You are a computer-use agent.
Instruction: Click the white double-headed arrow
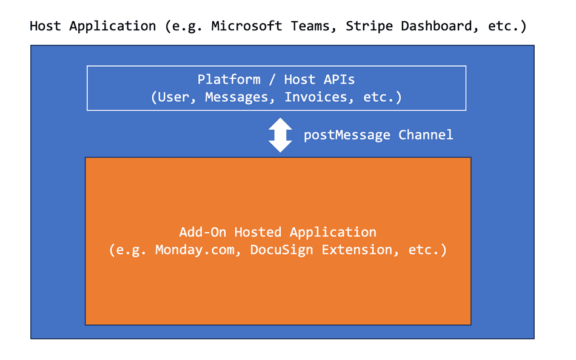click(280, 135)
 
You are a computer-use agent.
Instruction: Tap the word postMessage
click(347, 135)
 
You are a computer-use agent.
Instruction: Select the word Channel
click(426, 135)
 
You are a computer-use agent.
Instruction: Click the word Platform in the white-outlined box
click(229, 79)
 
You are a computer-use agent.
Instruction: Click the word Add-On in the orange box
click(203, 232)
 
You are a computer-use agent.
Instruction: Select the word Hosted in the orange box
click(258, 232)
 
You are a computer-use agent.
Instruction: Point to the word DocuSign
click(282, 250)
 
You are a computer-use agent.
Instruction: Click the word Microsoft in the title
click(247, 26)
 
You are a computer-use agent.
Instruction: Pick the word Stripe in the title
click(369, 27)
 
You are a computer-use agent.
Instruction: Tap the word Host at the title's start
click(45, 26)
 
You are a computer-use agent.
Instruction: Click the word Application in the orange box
click(333, 233)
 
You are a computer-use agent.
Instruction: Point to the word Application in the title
click(113, 27)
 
